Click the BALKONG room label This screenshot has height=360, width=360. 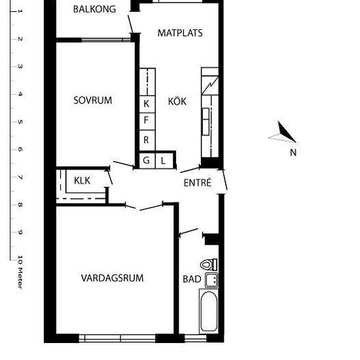(x=94, y=9)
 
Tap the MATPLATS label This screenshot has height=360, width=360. (x=180, y=33)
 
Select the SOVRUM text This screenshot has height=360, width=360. (x=93, y=100)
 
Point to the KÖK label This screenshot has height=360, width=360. (x=177, y=101)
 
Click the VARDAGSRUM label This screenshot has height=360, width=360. (x=113, y=278)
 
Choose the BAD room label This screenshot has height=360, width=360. (x=192, y=279)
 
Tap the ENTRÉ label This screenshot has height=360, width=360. (x=198, y=183)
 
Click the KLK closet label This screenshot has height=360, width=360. (x=82, y=181)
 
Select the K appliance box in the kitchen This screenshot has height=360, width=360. (x=147, y=104)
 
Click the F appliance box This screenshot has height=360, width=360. (x=147, y=122)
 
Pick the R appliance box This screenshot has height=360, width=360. (x=147, y=141)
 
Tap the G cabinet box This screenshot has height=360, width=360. (x=147, y=161)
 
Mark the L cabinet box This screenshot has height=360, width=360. (x=164, y=161)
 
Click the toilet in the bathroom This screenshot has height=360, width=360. (x=209, y=264)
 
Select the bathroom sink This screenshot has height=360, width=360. (x=211, y=280)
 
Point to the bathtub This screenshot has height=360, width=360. (x=209, y=311)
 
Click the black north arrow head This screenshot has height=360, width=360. (x=285, y=132)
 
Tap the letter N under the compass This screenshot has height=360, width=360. (x=293, y=153)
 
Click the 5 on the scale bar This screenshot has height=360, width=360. (x=20, y=122)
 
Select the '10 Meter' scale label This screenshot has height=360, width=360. (x=20, y=272)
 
